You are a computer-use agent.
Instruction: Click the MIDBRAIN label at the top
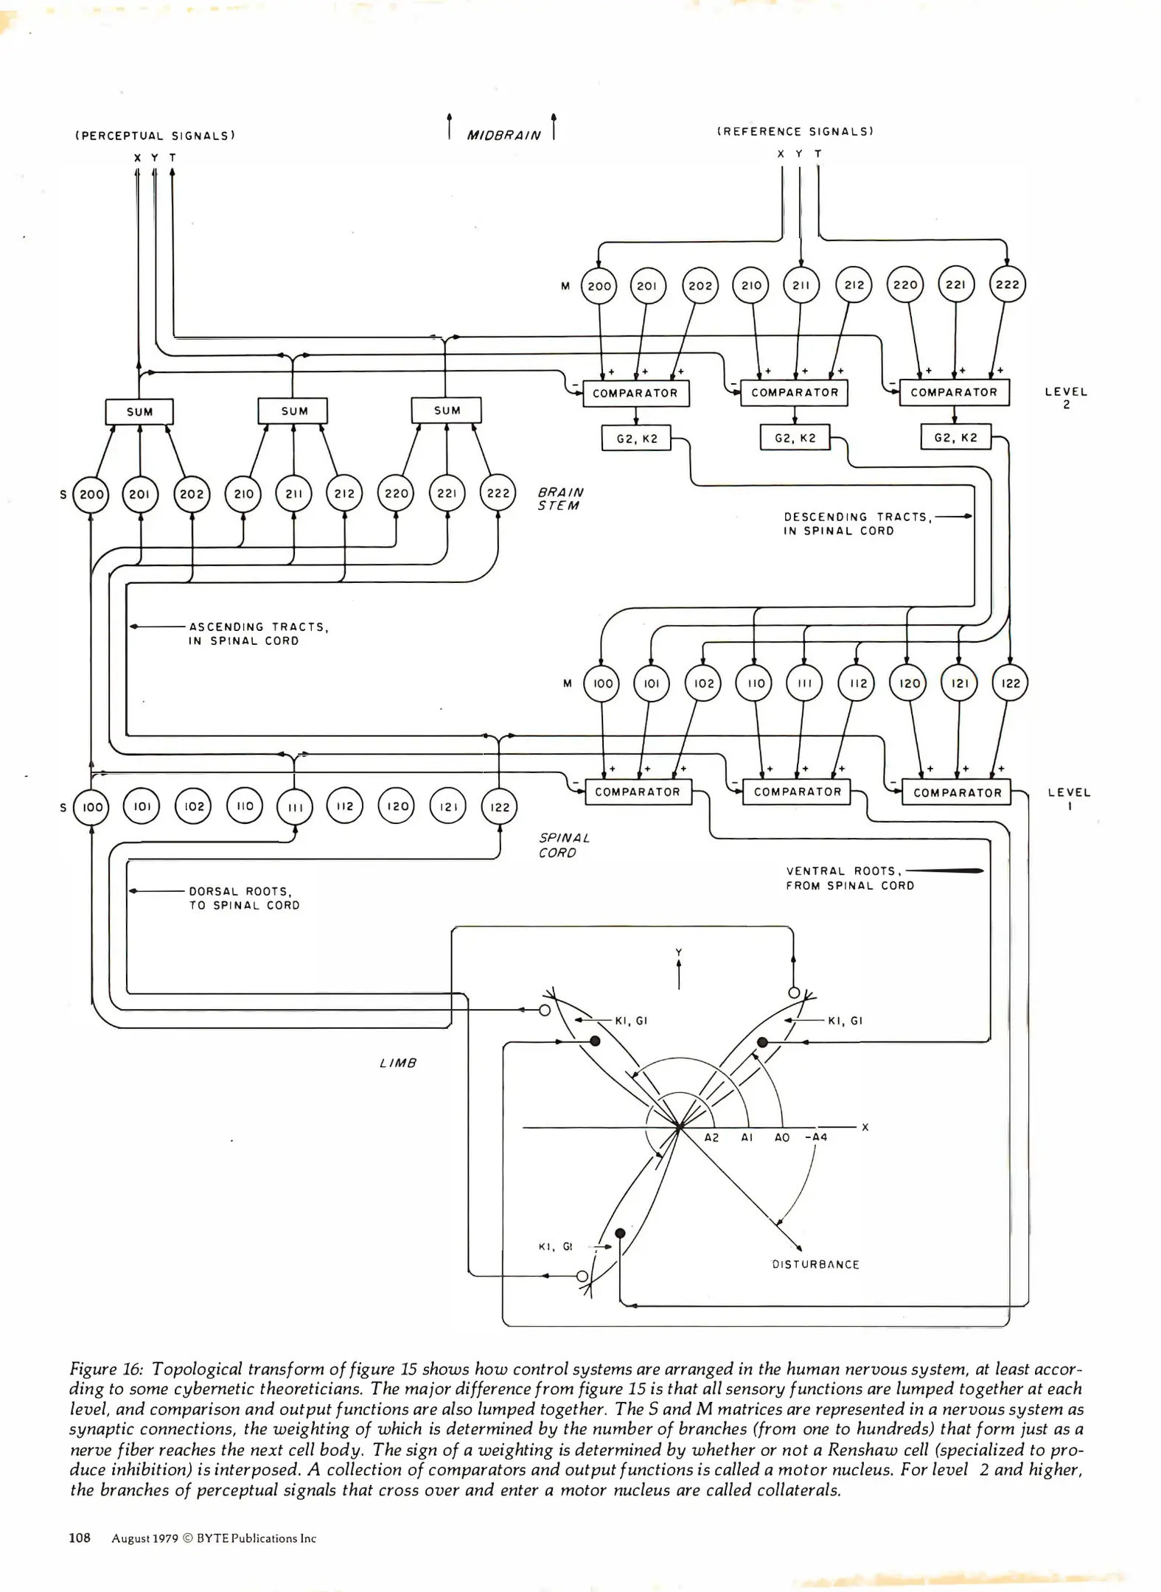tap(503, 136)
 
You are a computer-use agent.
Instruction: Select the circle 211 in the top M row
tap(801, 285)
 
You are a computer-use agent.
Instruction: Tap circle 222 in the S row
tap(498, 493)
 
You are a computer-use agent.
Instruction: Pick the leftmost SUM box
tap(139, 412)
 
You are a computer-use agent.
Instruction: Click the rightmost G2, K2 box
tap(955, 438)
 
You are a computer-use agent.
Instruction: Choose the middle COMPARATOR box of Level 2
tap(794, 393)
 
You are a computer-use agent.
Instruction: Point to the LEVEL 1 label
tap(1068, 799)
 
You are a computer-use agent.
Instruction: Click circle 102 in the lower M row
tap(704, 683)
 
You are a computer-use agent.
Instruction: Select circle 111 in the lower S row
tap(295, 807)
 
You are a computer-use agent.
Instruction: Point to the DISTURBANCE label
tap(815, 1265)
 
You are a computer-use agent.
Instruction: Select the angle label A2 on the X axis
tap(711, 1137)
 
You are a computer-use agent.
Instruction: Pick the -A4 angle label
tap(816, 1137)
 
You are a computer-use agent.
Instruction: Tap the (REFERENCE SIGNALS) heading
tap(795, 132)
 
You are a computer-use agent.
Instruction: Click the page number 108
tap(80, 1538)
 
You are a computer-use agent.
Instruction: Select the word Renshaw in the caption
tap(857, 1450)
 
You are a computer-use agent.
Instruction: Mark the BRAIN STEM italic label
tap(559, 499)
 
